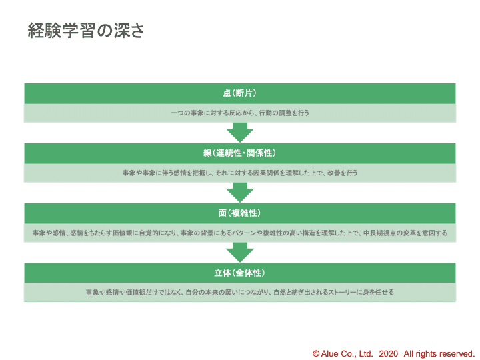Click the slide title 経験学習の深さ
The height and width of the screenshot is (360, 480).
click(x=85, y=31)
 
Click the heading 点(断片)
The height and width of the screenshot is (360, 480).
click(x=240, y=93)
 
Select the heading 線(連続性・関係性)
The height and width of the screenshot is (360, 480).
click(x=240, y=153)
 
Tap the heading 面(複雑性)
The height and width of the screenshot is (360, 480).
click(x=240, y=213)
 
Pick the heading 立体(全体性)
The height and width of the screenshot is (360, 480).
click(x=240, y=273)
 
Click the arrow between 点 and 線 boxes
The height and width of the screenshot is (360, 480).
click(x=240, y=133)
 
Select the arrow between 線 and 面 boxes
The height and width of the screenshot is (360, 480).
click(x=240, y=193)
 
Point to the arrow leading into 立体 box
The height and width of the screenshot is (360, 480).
click(x=240, y=252)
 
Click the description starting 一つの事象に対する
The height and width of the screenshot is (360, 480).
click(x=240, y=113)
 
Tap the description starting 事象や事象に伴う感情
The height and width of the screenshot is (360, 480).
click(x=240, y=173)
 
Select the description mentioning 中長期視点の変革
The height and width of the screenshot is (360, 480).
click(x=240, y=233)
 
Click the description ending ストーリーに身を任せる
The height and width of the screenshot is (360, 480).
click(x=240, y=292)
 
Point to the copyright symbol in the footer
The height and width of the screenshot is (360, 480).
click(x=316, y=353)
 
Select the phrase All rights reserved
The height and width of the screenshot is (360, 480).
click(x=439, y=353)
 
